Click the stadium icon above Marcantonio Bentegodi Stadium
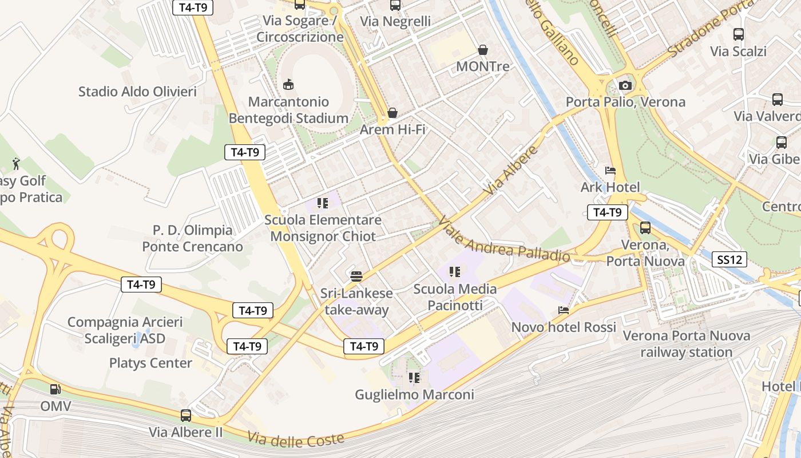(289, 85)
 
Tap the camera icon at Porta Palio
(625, 85)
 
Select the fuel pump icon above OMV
(55, 389)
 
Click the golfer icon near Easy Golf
(17, 164)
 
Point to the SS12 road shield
(731, 260)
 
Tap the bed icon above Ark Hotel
(610, 171)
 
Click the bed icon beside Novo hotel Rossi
(564, 310)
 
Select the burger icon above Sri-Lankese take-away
(356, 277)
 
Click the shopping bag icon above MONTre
(483, 50)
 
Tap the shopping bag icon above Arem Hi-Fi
(392, 113)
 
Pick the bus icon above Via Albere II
(186, 415)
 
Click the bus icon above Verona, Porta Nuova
(645, 228)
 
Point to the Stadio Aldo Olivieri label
(137, 92)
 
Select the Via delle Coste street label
(296, 439)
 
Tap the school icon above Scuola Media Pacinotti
(455, 272)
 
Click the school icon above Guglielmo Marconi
(414, 378)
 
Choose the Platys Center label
(150, 363)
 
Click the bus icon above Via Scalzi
(739, 34)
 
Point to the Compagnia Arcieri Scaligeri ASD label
(125, 330)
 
